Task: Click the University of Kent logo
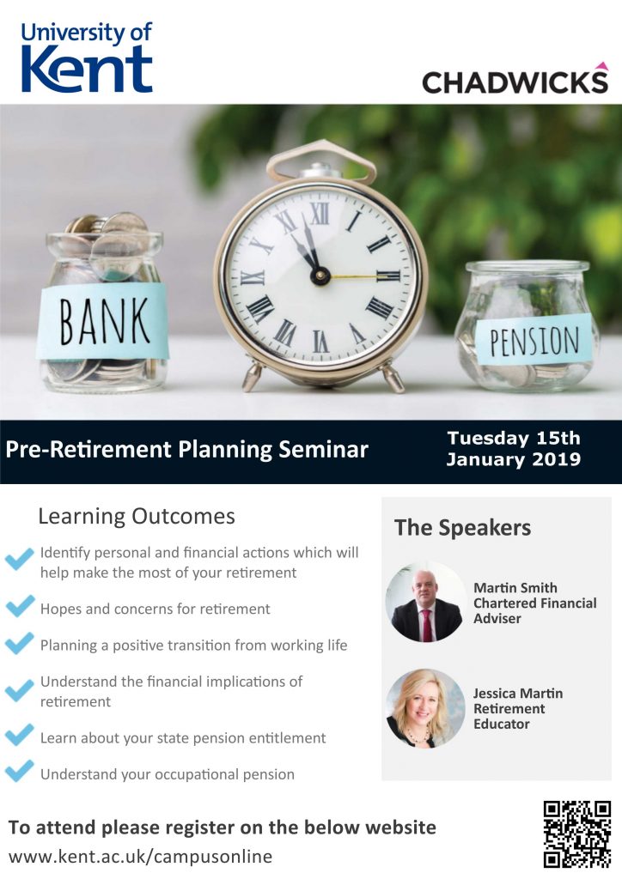point(87,58)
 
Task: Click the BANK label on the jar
point(104,321)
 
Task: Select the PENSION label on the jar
point(534,340)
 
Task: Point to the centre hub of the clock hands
point(320,276)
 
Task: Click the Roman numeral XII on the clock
point(320,214)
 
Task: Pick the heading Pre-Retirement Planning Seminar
point(186,450)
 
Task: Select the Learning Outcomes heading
point(137,516)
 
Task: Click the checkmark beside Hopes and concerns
point(20,607)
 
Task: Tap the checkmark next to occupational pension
point(20,771)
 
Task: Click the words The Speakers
point(462,528)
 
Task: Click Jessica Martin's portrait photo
point(426,708)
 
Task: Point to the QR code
point(577,834)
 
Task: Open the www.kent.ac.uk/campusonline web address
point(140,858)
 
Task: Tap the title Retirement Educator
point(509,717)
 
